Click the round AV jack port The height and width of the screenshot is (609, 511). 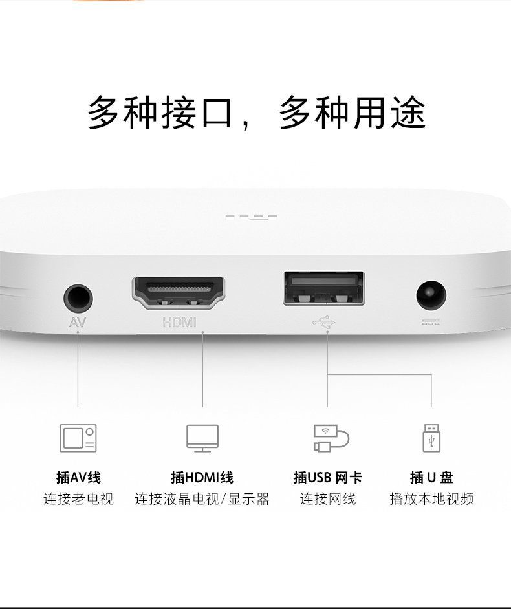click(78, 298)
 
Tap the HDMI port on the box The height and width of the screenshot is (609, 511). click(179, 293)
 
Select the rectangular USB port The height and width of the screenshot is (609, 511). click(323, 288)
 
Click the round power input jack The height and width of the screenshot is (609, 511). click(431, 295)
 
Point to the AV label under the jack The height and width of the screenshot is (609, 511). click(78, 323)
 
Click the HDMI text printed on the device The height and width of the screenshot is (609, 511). click(179, 323)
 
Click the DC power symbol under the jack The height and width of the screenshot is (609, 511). click(431, 322)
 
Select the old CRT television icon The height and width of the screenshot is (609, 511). click(78, 438)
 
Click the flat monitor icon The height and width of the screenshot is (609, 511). click(202, 438)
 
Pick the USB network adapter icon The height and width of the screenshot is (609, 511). click(331, 438)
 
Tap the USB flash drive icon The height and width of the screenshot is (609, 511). click(431, 438)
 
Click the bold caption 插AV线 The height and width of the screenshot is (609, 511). click(78, 477)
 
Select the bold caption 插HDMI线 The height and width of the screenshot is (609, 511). click(202, 477)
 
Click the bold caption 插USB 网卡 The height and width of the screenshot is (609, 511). click(327, 477)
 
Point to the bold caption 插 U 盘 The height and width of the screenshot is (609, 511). click(431, 477)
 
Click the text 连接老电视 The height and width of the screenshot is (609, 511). click(78, 498)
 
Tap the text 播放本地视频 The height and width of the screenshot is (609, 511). click(431, 498)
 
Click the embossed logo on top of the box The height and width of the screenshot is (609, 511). click(251, 217)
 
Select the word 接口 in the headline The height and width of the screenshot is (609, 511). click(197, 112)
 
